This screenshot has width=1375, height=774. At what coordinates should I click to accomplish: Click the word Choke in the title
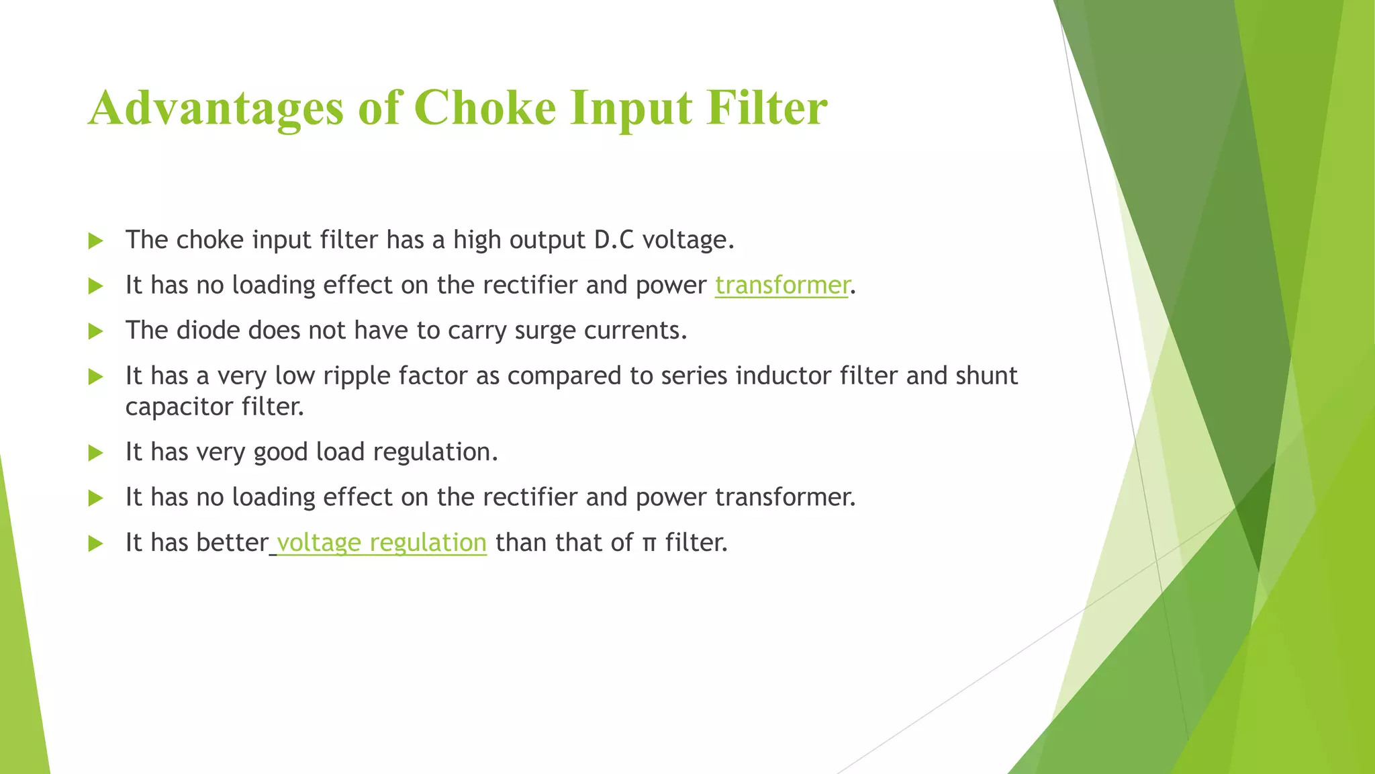[x=485, y=107]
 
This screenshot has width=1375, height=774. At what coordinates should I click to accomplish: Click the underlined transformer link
[x=782, y=285]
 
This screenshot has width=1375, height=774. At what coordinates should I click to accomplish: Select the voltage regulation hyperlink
[x=381, y=542]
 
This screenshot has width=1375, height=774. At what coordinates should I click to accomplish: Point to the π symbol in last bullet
[x=649, y=543]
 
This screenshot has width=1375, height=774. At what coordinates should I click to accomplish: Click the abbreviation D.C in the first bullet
[x=614, y=240]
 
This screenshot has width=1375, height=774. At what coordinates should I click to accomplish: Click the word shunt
[x=986, y=376]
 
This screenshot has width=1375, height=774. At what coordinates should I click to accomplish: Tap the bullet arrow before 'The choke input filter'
[x=96, y=241]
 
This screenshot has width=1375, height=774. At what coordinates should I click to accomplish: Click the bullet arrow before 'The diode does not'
[x=96, y=331]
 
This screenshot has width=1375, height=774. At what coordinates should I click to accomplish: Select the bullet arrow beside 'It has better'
[x=96, y=544]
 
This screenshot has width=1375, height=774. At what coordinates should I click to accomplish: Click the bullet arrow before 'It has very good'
[x=96, y=453]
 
